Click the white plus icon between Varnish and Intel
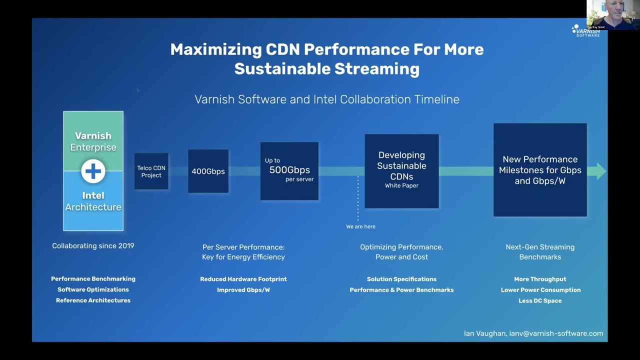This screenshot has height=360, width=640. click(93, 171)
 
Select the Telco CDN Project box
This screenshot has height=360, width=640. click(151, 171)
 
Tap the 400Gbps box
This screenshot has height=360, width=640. click(208, 171)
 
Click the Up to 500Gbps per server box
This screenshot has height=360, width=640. click(289, 171)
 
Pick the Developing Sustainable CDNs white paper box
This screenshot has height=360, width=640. click(401, 170)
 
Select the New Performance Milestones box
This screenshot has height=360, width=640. click(540, 170)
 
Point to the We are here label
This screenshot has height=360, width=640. click(360, 226)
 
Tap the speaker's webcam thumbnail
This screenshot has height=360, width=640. click(613, 14)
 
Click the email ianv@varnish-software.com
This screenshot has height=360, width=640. click(556, 333)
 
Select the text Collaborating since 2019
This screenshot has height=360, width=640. click(93, 246)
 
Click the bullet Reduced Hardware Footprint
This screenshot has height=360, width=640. click(243, 279)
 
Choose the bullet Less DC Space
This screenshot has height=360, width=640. click(540, 300)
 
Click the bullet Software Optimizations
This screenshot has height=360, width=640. click(93, 289)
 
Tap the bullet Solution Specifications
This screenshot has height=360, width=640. click(401, 279)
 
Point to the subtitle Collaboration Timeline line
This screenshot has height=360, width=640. click(327, 99)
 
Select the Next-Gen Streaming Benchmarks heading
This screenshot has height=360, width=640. click(540, 252)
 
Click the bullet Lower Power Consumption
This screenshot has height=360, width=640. click(540, 290)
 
